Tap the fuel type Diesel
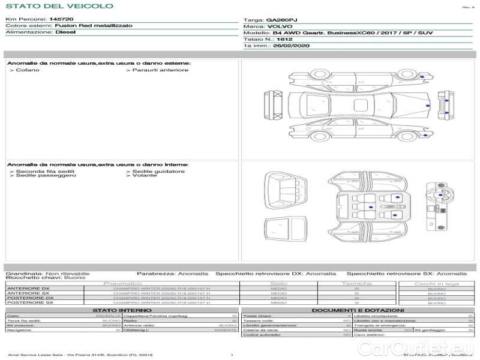click(65, 32)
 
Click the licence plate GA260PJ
click(281, 20)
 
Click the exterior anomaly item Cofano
click(27, 70)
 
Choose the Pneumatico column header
click(123, 283)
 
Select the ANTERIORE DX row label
click(28, 289)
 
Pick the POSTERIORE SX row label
click(29, 303)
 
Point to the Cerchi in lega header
click(436, 283)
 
